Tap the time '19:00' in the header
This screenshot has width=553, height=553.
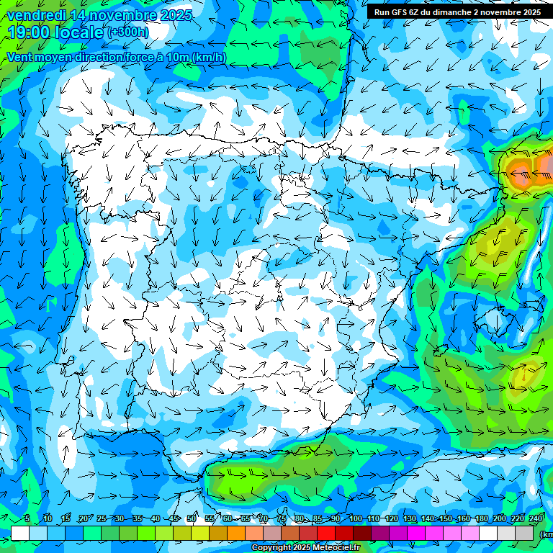(30, 32)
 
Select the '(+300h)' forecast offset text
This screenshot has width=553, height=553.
(127, 32)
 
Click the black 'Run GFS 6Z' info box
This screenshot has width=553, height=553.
(457, 12)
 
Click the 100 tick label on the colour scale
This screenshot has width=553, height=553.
(355, 519)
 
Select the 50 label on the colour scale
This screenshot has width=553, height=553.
(192, 519)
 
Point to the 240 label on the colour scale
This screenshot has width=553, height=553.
(536, 519)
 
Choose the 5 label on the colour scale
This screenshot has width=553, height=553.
(27, 519)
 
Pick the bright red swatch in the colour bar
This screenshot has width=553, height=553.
(328, 534)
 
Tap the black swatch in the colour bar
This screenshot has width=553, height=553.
(364, 534)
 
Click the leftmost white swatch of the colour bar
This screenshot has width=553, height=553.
(20, 534)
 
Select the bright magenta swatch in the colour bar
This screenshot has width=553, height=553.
(418, 534)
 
